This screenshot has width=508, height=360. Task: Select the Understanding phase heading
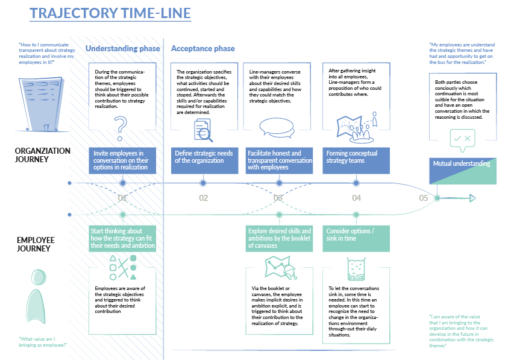pos(123,48)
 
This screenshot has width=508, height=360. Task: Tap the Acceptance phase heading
pos(203,48)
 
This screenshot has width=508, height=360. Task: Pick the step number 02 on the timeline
pos(203,198)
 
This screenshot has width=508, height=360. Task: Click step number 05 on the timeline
pos(424,198)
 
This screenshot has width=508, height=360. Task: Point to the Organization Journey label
pos(43,155)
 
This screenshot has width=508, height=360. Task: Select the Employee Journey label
pos(36,244)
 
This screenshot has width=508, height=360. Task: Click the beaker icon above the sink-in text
pos(356,268)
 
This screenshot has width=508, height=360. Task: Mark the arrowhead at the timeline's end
pos(472,198)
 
